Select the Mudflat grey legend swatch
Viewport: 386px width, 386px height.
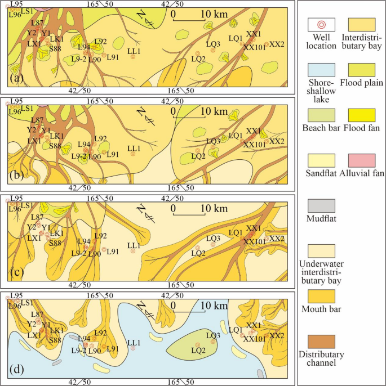pyautogui.click(x=321, y=206)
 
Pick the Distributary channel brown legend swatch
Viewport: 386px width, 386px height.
pyautogui.click(x=321, y=342)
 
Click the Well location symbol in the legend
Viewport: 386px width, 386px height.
pyautogui.click(x=321, y=25)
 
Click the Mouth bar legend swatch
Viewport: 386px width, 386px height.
pyautogui.click(x=321, y=296)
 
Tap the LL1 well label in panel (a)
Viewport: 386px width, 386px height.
pyautogui.click(x=134, y=51)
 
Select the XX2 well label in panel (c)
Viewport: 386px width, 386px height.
pyautogui.click(x=277, y=239)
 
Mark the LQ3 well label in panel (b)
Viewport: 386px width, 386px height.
pyautogui.click(x=213, y=141)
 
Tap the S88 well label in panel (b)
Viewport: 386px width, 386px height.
pyautogui.click(x=55, y=146)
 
